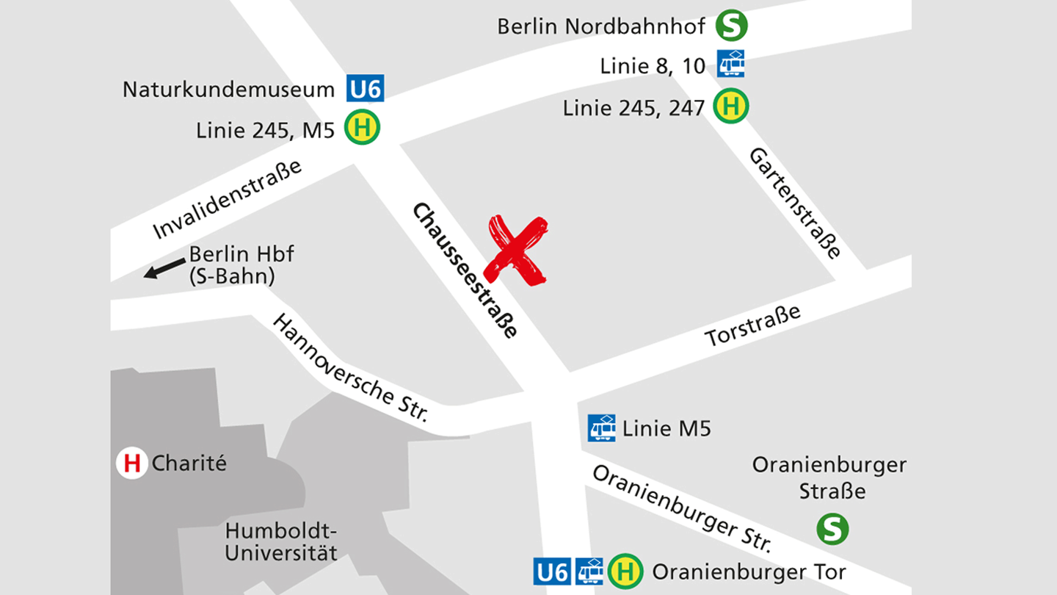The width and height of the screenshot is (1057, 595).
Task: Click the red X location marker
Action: (x=519, y=250)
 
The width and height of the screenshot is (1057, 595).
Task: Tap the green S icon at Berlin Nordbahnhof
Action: (x=731, y=26)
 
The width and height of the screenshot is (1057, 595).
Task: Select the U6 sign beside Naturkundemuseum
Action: (x=366, y=90)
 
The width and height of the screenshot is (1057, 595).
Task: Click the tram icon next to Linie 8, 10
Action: (x=731, y=65)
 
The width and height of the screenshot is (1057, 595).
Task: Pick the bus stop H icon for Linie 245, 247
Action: (x=731, y=107)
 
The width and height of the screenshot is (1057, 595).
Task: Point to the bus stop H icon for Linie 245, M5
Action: (x=363, y=129)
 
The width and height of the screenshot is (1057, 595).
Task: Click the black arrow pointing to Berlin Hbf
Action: (x=164, y=268)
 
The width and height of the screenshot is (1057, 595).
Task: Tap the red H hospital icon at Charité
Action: (x=132, y=464)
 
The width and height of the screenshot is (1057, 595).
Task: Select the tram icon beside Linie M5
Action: (x=602, y=428)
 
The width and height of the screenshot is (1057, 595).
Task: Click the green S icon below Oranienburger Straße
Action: (x=832, y=529)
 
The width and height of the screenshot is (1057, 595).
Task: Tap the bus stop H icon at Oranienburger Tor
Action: (x=625, y=571)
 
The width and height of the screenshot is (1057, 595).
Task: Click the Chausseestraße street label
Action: (x=465, y=270)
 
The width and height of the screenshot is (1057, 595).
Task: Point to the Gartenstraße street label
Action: (x=795, y=203)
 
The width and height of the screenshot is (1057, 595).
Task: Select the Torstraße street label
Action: (x=752, y=325)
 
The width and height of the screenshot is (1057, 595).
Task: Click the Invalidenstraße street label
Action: (x=228, y=199)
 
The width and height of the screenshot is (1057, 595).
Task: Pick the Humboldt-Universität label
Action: (x=281, y=541)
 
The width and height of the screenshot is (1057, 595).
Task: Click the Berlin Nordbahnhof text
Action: (x=600, y=26)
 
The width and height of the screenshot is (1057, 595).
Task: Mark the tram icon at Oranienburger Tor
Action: (x=589, y=571)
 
